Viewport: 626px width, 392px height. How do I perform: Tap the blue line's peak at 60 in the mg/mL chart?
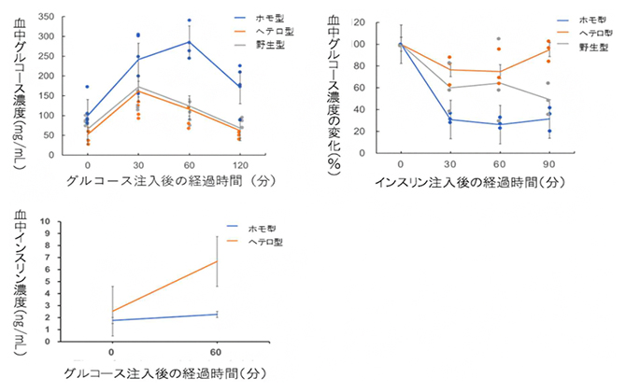pyautogui.click(x=190, y=42)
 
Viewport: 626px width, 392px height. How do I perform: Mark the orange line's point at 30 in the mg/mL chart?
pyautogui.click(x=138, y=91)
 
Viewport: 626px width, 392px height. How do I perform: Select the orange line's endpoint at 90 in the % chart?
pyautogui.click(x=549, y=49)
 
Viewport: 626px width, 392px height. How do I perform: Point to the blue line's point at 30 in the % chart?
pyautogui.click(x=450, y=119)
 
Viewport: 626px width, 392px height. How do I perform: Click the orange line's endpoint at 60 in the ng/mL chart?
pyautogui.click(x=218, y=260)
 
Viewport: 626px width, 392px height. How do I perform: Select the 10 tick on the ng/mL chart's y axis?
pyautogui.click(x=50, y=222)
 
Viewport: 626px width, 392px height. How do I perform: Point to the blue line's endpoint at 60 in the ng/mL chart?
pyautogui.click(x=218, y=314)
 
